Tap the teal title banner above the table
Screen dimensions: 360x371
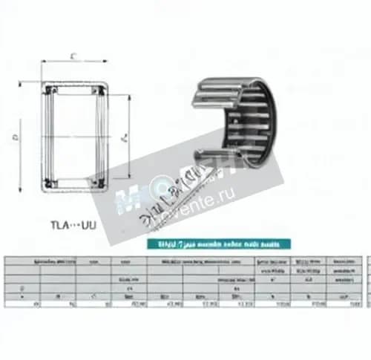click(x=221, y=243)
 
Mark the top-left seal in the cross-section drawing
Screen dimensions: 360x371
click(x=50, y=91)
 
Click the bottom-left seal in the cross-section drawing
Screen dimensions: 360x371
click(x=50, y=182)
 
